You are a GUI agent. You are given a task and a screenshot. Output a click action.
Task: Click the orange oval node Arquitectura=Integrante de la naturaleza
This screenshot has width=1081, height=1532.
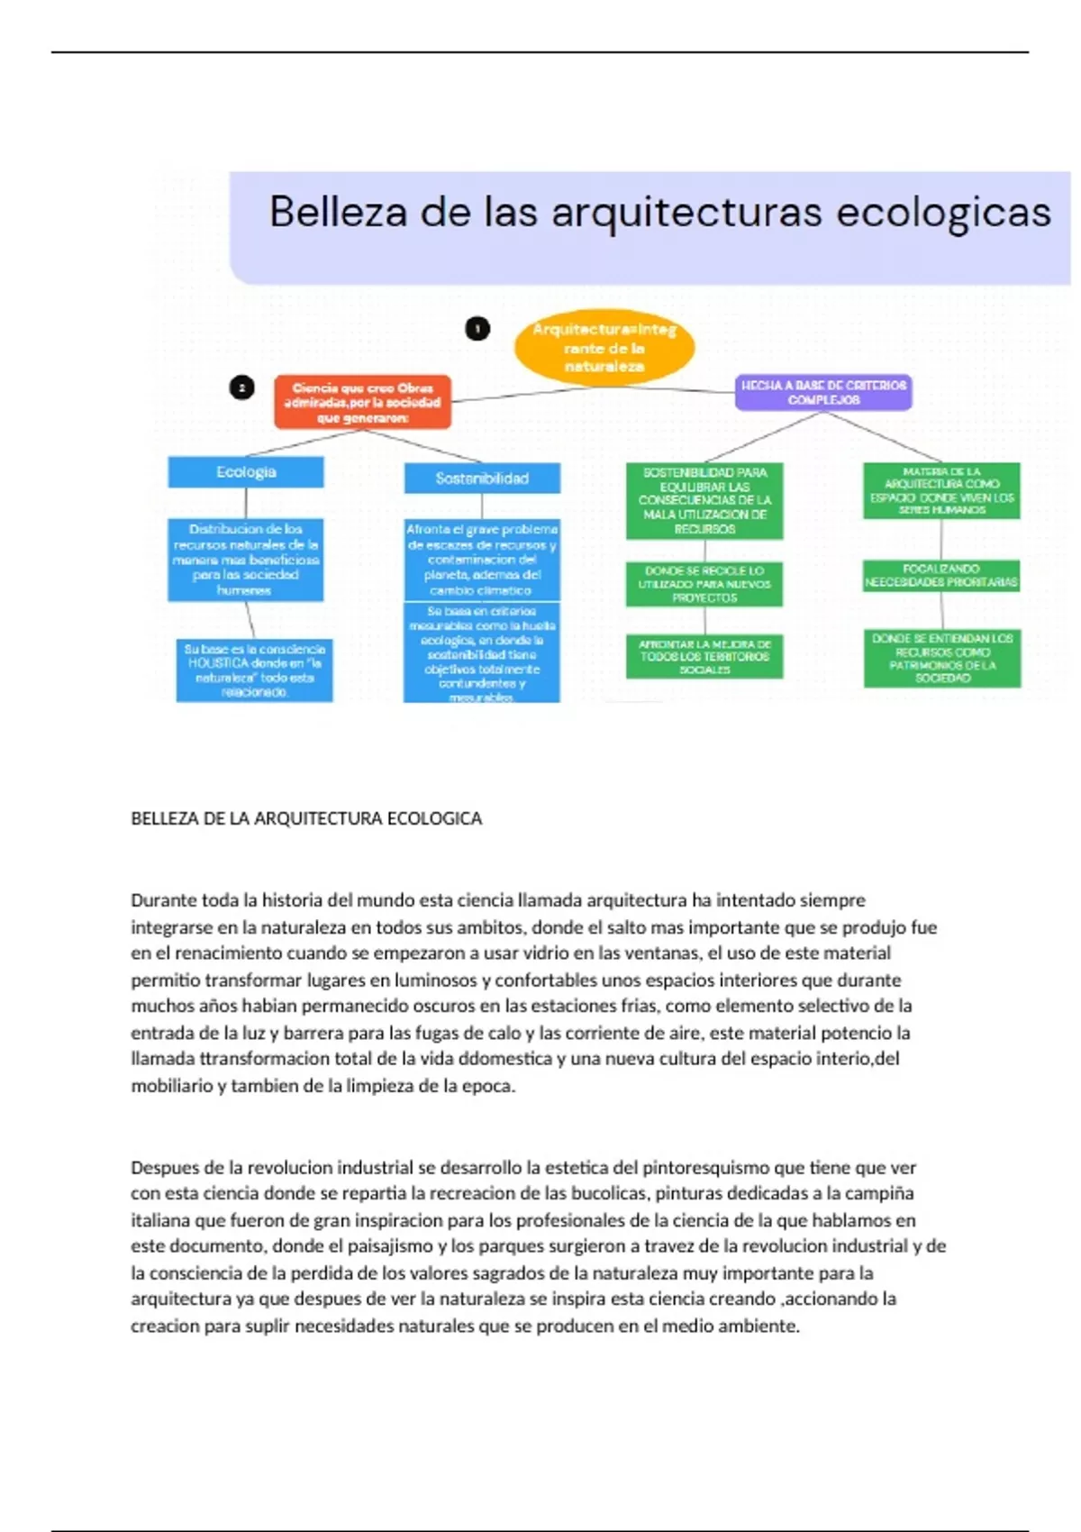(604, 348)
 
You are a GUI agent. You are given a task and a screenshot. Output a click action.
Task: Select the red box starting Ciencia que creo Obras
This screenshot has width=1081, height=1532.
(362, 402)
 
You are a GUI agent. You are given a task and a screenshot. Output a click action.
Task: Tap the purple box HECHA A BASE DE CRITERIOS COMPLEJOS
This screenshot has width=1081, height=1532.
(823, 392)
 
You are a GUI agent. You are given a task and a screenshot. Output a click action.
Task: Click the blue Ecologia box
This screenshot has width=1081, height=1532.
(246, 472)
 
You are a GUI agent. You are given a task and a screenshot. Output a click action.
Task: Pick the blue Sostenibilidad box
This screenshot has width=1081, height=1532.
(482, 479)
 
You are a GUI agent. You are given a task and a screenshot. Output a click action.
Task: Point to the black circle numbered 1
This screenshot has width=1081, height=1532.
(477, 329)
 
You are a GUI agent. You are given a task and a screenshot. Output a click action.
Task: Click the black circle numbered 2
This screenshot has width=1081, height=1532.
(241, 388)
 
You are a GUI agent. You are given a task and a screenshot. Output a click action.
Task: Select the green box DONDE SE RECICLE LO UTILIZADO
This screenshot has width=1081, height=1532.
(704, 584)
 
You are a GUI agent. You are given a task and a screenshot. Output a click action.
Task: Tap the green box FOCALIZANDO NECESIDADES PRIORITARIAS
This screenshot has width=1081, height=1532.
(941, 575)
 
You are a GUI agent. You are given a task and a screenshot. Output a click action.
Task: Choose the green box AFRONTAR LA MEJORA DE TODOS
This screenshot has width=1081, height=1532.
(704, 656)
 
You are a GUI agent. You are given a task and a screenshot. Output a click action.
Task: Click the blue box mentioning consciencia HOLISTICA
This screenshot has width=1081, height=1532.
(254, 670)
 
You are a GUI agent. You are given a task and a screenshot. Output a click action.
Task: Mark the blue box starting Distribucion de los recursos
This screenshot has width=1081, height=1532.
(245, 560)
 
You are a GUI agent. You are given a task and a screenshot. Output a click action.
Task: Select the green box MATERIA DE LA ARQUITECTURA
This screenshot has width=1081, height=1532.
(941, 491)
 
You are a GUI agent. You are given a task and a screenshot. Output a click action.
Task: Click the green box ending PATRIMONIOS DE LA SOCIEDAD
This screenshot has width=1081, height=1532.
(942, 658)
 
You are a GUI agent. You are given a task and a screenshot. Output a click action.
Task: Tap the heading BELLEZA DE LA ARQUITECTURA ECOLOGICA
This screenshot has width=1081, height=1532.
(306, 818)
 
